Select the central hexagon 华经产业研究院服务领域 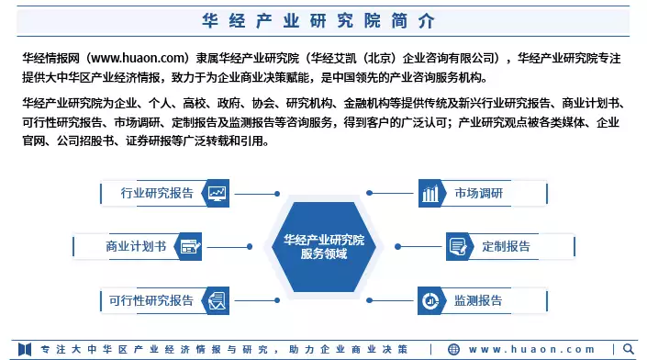[x=323, y=246]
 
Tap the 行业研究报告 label [x=157, y=193]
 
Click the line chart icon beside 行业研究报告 [x=218, y=193]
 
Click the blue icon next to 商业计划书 [x=190, y=246]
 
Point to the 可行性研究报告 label [x=151, y=299]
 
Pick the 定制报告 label [x=506, y=246]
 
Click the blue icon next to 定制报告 [x=458, y=246]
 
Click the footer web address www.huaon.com [x=532, y=349]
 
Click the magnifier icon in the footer [x=628, y=349]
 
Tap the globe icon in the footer [x=453, y=349]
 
